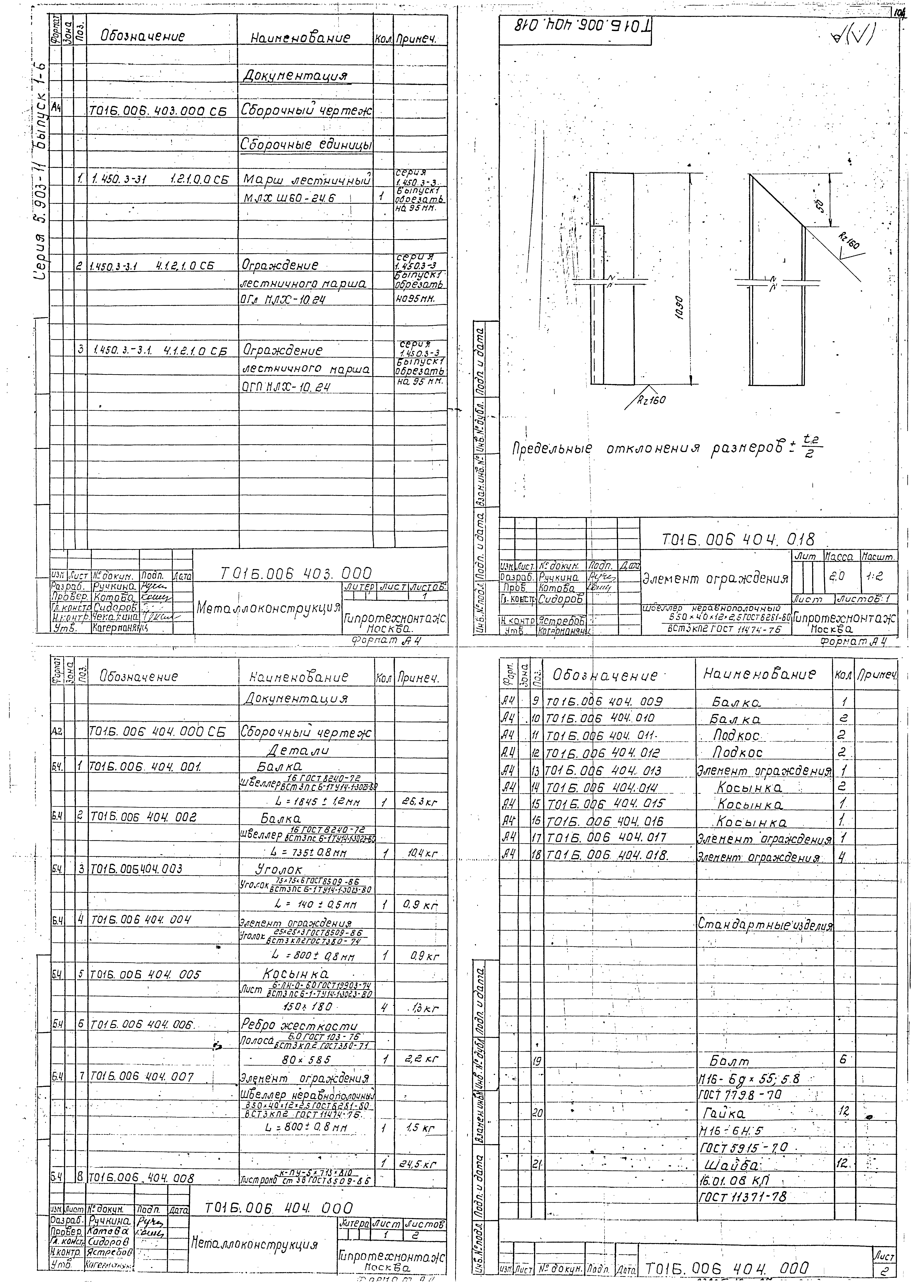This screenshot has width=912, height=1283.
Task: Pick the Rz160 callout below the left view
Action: tap(651, 400)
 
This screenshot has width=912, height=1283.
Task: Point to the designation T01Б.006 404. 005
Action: tap(145, 974)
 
